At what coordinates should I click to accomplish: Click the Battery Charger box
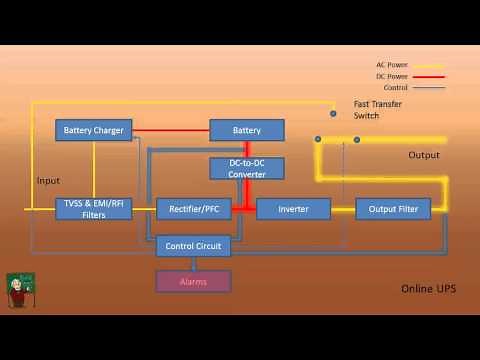94,130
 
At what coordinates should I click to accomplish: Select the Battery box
247,130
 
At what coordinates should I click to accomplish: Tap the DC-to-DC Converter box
247,168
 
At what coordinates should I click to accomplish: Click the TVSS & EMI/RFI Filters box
94,209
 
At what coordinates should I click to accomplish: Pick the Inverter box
293,209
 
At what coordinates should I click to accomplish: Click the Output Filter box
393,209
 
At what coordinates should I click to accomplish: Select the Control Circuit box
194,245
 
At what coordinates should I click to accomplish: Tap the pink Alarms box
193,281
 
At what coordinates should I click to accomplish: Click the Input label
48,181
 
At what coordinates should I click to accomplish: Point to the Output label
424,155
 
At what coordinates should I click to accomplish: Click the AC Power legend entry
392,65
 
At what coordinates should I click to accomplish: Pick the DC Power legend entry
392,76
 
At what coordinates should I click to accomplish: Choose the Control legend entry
395,87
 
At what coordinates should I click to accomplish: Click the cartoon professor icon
18,290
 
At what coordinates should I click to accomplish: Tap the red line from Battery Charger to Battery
171,130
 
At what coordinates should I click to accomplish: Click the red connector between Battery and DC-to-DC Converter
247,149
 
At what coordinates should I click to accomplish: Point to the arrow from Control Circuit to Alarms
194,263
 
